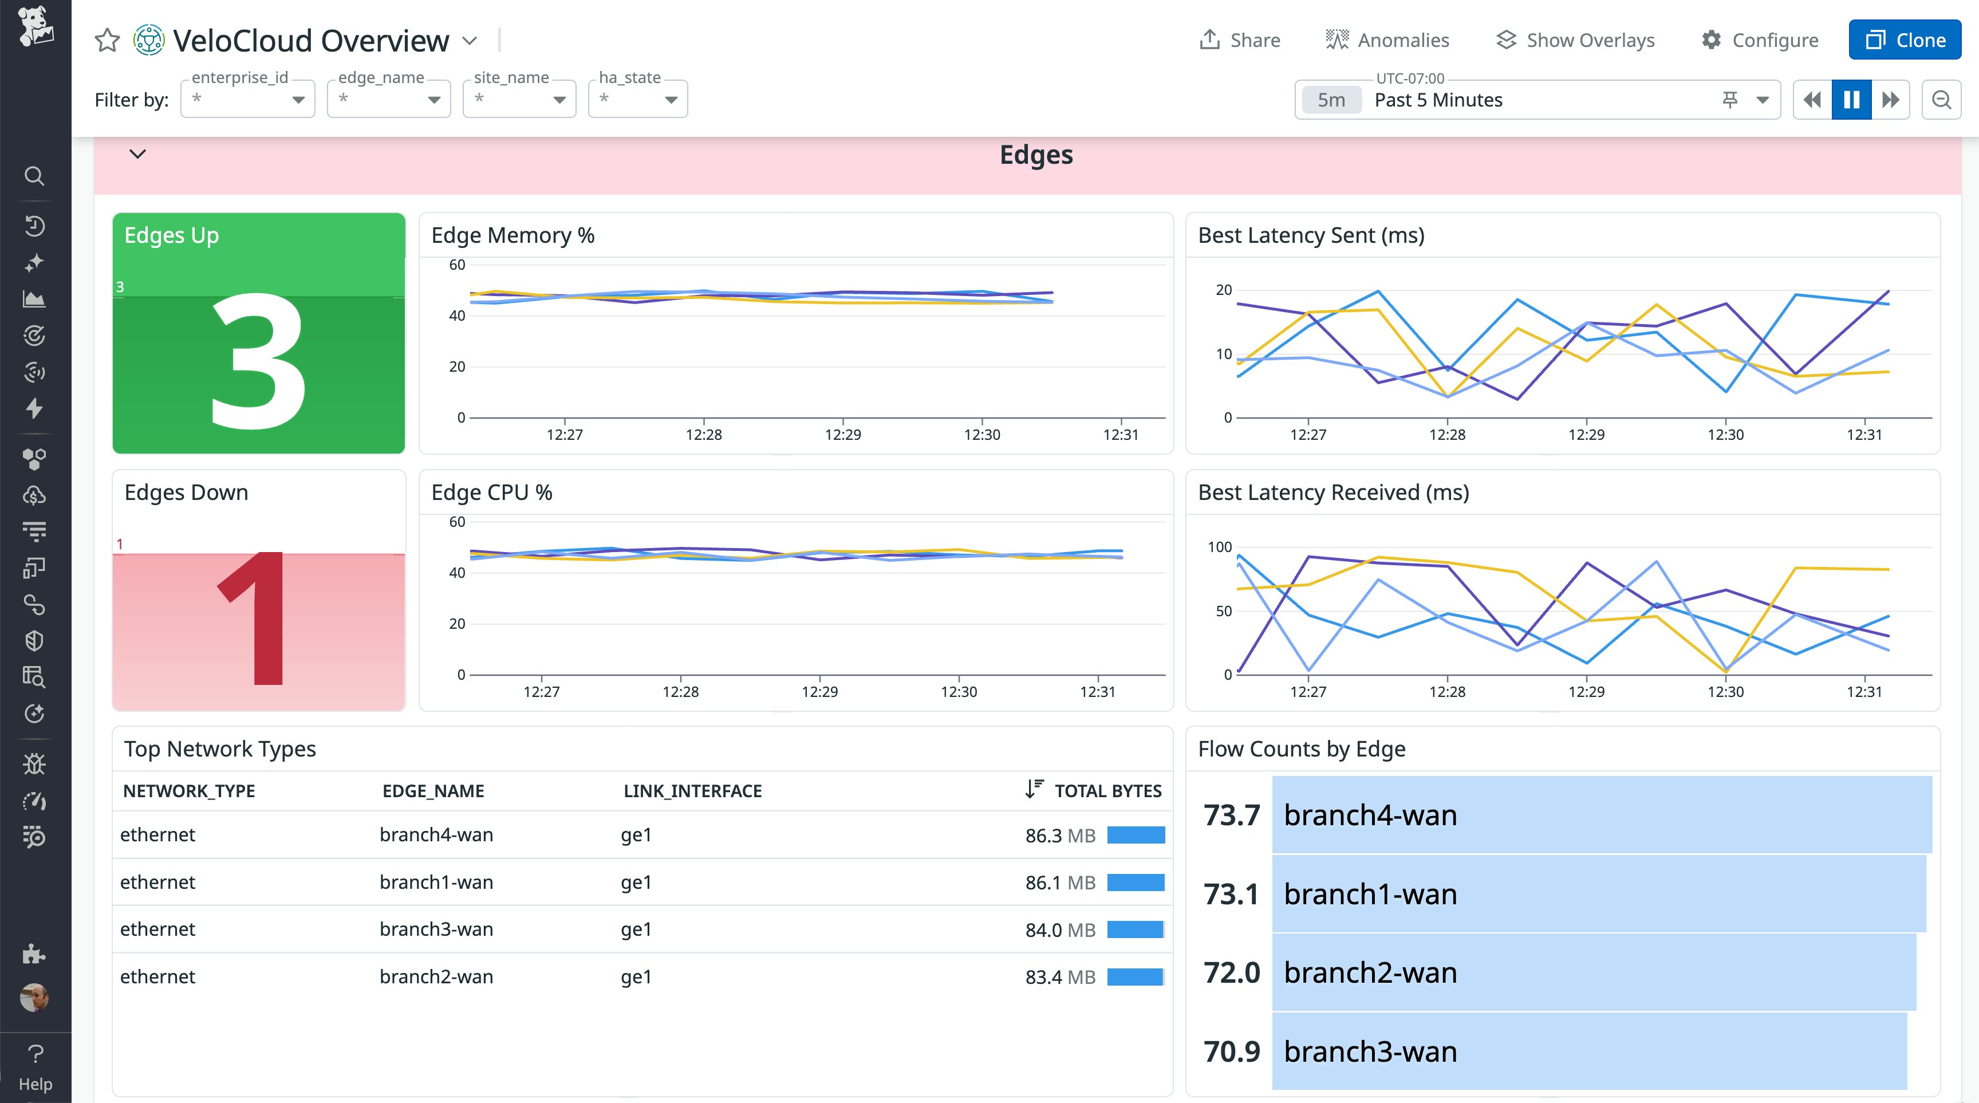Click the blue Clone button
(x=1904, y=40)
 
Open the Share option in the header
(x=1239, y=40)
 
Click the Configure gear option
(x=1759, y=40)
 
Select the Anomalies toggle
(x=1387, y=40)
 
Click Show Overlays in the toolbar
(x=1576, y=40)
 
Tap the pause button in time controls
(x=1851, y=100)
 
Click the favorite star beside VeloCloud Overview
(x=108, y=40)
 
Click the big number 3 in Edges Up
(x=258, y=361)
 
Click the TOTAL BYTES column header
(x=1106, y=790)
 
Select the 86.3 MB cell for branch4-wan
(x=1059, y=835)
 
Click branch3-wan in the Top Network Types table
(x=436, y=929)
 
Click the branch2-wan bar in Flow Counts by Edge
(x=1594, y=972)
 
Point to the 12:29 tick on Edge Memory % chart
(x=843, y=434)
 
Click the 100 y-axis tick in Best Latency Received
(x=1219, y=547)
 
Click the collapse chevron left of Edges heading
(x=137, y=153)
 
